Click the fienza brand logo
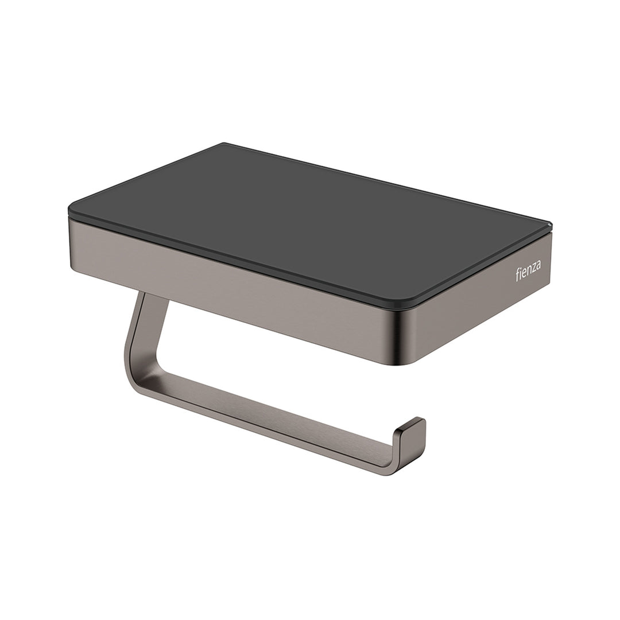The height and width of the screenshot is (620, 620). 528,272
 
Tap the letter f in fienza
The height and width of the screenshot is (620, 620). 517,275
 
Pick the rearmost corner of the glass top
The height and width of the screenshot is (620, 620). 224,144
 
